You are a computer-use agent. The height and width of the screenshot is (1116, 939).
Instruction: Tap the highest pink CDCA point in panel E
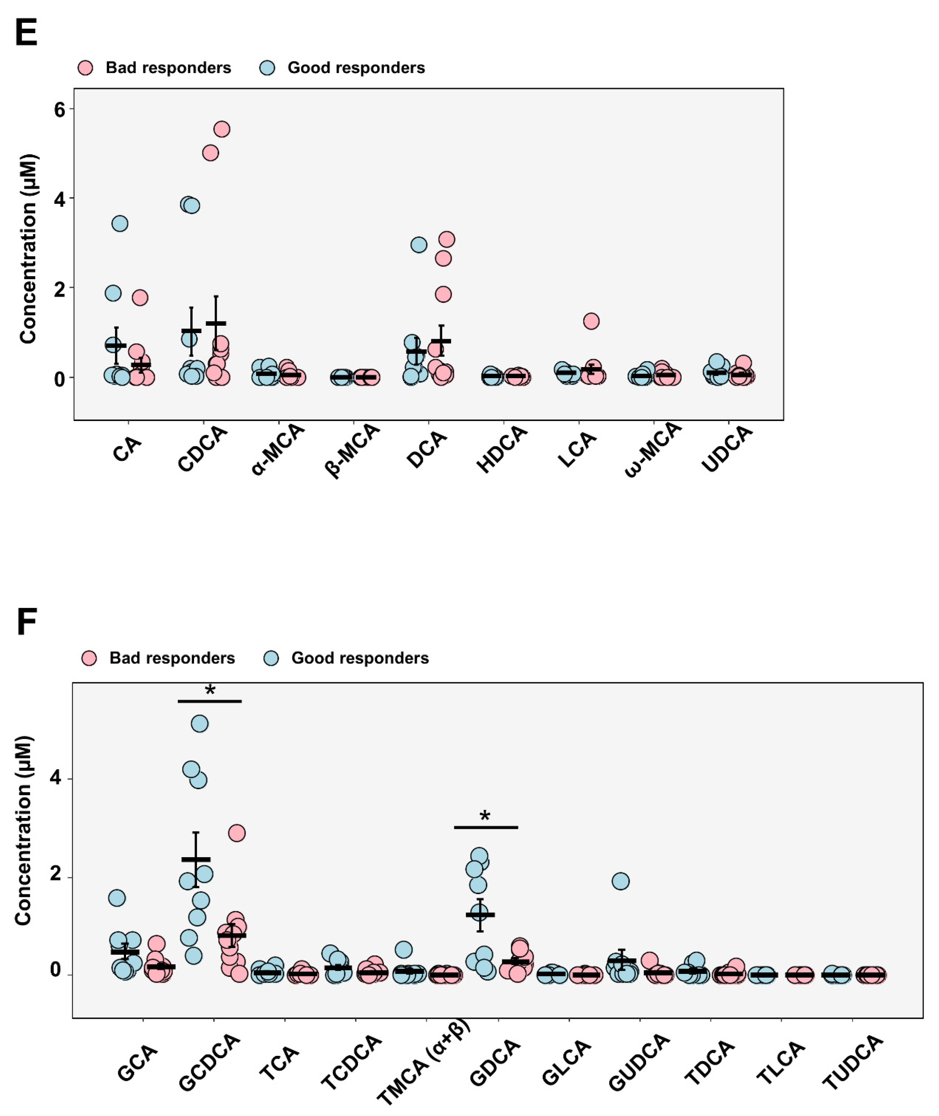click(x=221, y=129)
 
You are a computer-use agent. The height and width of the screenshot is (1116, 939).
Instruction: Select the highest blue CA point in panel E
click(x=120, y=224)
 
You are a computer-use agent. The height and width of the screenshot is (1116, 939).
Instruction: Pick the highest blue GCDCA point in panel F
click(x=199, y=724)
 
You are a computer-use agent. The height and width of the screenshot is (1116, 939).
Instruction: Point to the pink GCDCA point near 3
click(x=237, y=833)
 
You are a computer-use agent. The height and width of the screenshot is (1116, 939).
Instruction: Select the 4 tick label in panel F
click(x=55, y=778)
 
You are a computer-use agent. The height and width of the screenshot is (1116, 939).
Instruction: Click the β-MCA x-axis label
click(x=352, y=450)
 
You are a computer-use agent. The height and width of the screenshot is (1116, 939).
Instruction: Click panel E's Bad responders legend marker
click(x=85, y=68)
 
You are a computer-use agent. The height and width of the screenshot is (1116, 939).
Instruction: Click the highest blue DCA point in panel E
click(x=419, y=245)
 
